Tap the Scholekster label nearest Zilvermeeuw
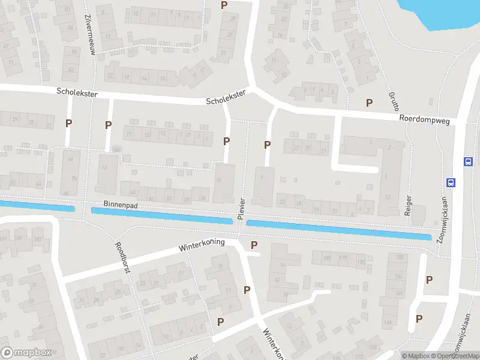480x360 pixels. [77, 93]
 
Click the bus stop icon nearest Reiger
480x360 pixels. [450, 182]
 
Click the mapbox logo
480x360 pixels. [26, 353]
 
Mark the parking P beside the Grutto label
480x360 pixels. [369, 103]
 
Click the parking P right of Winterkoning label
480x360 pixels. [254, 245]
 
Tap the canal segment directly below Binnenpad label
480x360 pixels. [161, 216]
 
